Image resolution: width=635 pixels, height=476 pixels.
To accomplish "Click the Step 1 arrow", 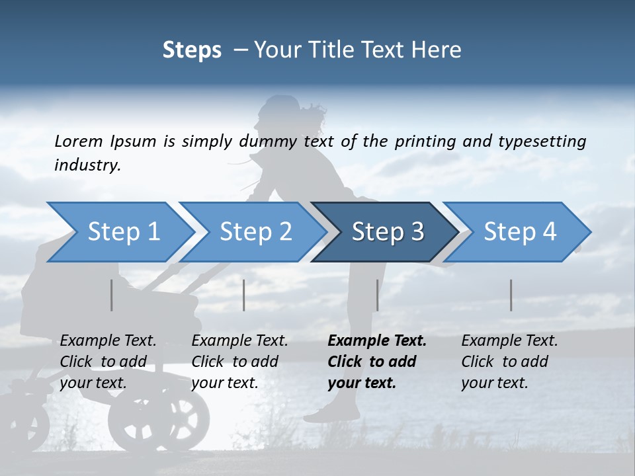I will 119,232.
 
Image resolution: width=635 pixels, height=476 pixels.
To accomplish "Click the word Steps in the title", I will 192,50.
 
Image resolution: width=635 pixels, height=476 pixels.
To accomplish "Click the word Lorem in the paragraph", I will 78,141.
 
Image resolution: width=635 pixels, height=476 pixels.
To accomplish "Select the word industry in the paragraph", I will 87,165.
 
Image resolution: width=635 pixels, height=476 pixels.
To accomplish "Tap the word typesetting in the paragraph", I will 542,141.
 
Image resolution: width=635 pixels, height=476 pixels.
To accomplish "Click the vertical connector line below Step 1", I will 112,295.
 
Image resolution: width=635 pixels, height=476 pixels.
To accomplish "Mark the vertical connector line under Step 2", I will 244,295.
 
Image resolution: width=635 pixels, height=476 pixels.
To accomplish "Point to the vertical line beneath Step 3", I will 377,295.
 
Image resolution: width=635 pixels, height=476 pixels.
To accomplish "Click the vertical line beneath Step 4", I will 511,295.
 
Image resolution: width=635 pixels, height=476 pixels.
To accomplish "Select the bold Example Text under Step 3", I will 377,341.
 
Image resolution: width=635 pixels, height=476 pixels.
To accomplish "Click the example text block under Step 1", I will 108,362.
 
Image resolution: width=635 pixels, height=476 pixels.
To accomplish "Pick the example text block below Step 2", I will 239,362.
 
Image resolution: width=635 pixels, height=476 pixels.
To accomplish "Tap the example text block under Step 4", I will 509,362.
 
